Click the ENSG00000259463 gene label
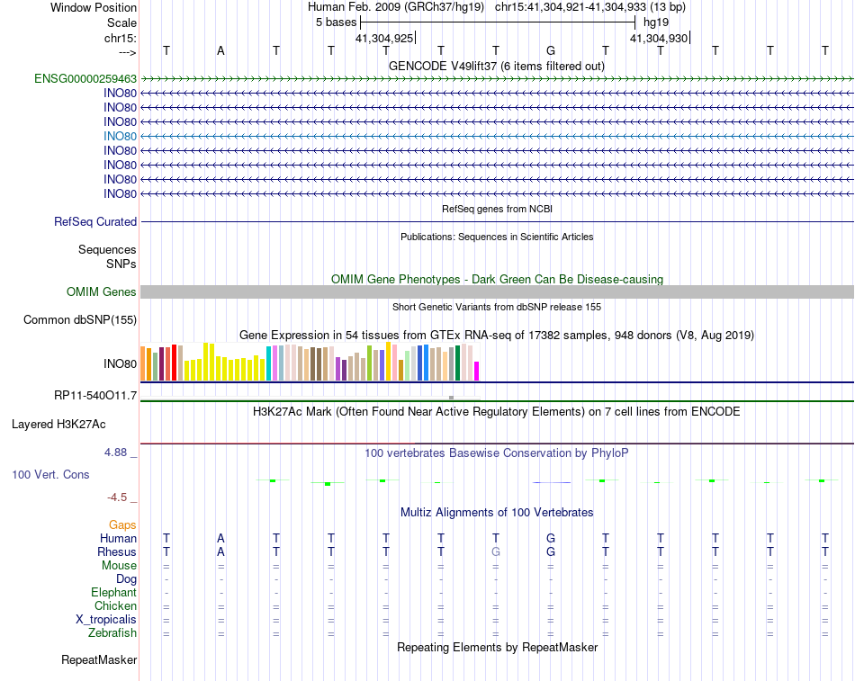click(85, 78)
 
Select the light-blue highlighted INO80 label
click(120, 136)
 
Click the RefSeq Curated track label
click(95, 221)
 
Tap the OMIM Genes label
click(102, 291)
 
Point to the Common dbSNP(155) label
click(80, 319)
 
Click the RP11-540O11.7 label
click(95, 395)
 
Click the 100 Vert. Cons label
click(50, 473)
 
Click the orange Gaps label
click(122, 524)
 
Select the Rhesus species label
click(117, 551)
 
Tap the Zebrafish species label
click(112, 632)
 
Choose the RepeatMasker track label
click(99, 659)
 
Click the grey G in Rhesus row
click(496, 551)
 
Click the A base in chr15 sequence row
click(220, 50)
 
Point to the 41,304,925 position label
click(384, 38)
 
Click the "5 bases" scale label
click(336, 21)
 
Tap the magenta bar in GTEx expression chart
click(477, 370)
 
